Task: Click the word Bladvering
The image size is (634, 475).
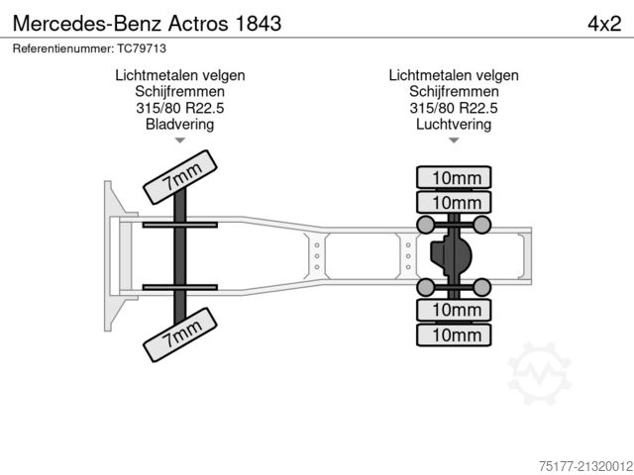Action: (179, 125)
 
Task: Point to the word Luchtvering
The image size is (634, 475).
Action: (454, 125)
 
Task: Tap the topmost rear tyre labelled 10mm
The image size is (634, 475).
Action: (454, 178)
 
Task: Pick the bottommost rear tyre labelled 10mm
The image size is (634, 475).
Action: (454, 334)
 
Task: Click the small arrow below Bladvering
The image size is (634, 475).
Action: (179, 142)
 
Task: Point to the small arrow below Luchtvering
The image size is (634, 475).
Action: (454, 142)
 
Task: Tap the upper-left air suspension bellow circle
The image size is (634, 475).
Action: (425, 225)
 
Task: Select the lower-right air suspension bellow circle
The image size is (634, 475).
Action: (481, 287)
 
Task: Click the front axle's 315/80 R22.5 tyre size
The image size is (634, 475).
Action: (179, 108)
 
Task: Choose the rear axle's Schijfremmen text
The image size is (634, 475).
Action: (454, 91)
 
